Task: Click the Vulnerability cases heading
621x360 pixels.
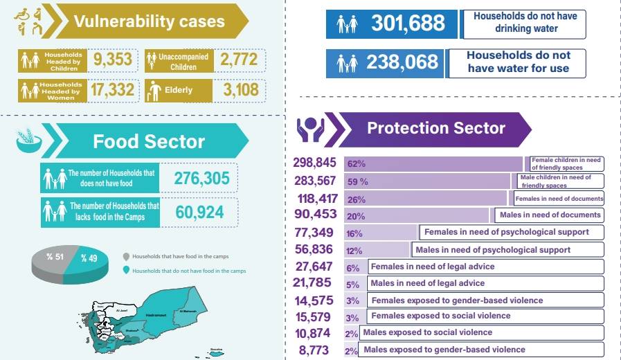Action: [x=149, y=21]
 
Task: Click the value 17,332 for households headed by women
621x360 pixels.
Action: [x=112, y=90]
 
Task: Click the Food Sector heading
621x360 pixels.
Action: [x=149, y=141]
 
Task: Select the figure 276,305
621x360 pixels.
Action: [x=201, y=178]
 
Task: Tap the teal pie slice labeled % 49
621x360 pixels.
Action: [x=90, y=259]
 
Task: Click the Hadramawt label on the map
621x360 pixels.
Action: [x=156, y=315]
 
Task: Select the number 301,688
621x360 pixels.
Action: [x=408, y=24]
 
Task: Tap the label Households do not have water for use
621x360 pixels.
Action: [x=518, y=62]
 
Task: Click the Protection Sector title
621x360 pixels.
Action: [x=435, y=128]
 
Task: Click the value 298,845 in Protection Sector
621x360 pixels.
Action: [x=314, y=163]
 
